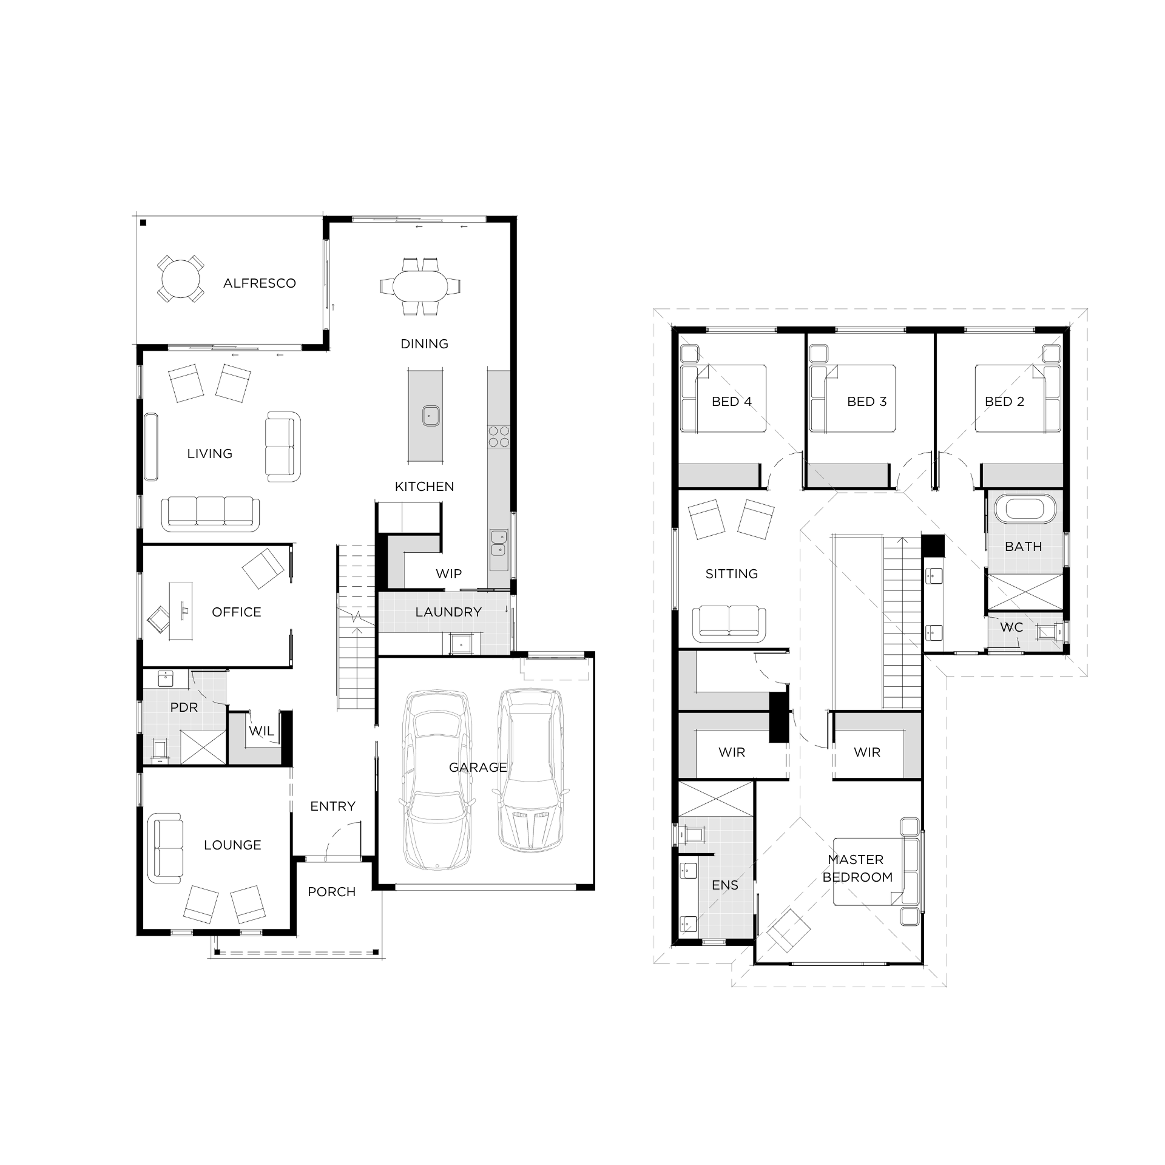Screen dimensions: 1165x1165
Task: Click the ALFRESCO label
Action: click(259, 283)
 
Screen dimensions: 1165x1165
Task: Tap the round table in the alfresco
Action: click(180, 279)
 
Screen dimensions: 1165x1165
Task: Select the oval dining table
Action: click(420, 286)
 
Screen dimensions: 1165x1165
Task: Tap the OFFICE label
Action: click(237, 612)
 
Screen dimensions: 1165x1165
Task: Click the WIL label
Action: click(262, 731)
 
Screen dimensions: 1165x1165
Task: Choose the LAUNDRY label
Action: click(448, 612)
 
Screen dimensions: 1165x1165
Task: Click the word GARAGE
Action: click(478, 767)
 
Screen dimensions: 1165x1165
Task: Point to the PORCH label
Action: click(331, 891)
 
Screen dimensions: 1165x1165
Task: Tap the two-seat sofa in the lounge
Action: click(166, 848)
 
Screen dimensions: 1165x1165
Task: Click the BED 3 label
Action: click(867, 401)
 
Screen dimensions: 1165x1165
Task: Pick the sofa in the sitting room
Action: click(729, 624)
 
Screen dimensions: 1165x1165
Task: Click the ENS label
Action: click(725, 885)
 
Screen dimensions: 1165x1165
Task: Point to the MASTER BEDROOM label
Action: click(857, 868)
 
